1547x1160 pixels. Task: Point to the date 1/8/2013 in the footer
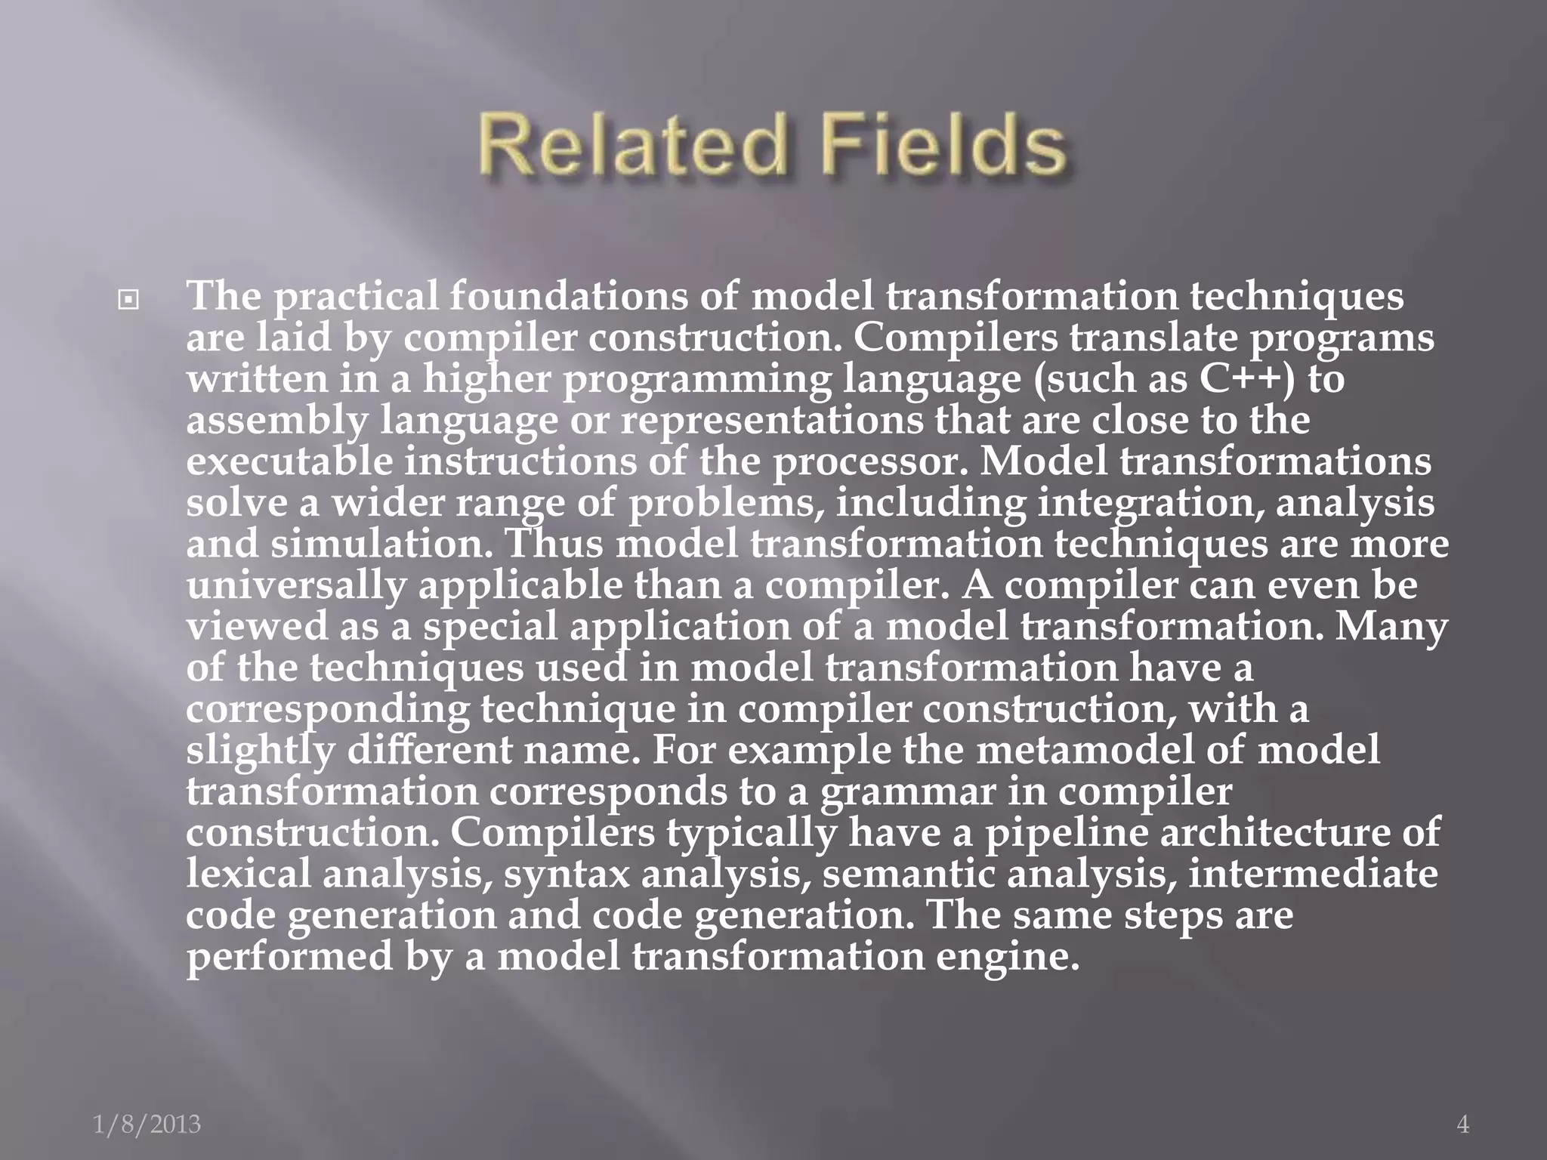click(147, 1125)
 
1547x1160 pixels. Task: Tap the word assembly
click(276, 420)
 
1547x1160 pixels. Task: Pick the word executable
click(290, 461)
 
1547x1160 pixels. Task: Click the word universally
click(297, 585)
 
